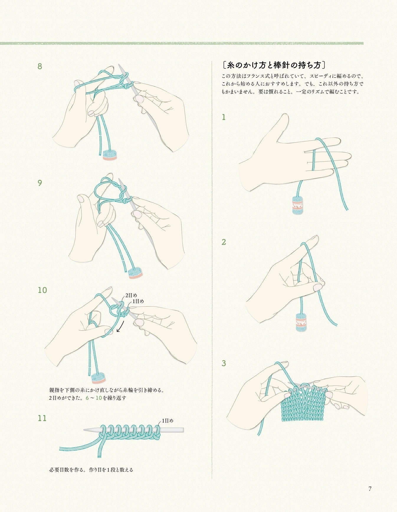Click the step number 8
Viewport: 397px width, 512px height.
point(40,66)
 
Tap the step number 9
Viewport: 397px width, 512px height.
point(40,183)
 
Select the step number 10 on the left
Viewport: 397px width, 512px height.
point(42,290)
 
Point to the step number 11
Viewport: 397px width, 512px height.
point(42,418)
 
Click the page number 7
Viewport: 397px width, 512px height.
point(370,489)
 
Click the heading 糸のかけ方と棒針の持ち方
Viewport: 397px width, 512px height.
point(274,65)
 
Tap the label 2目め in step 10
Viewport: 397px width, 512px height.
point(131,295)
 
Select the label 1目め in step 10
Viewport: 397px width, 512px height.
point(138,301)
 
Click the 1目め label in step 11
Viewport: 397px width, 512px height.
point(168,421)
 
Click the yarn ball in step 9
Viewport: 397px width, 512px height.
point(135,273)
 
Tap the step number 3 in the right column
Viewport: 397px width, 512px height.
point(224,363)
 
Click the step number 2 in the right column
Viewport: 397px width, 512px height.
point(224,242)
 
